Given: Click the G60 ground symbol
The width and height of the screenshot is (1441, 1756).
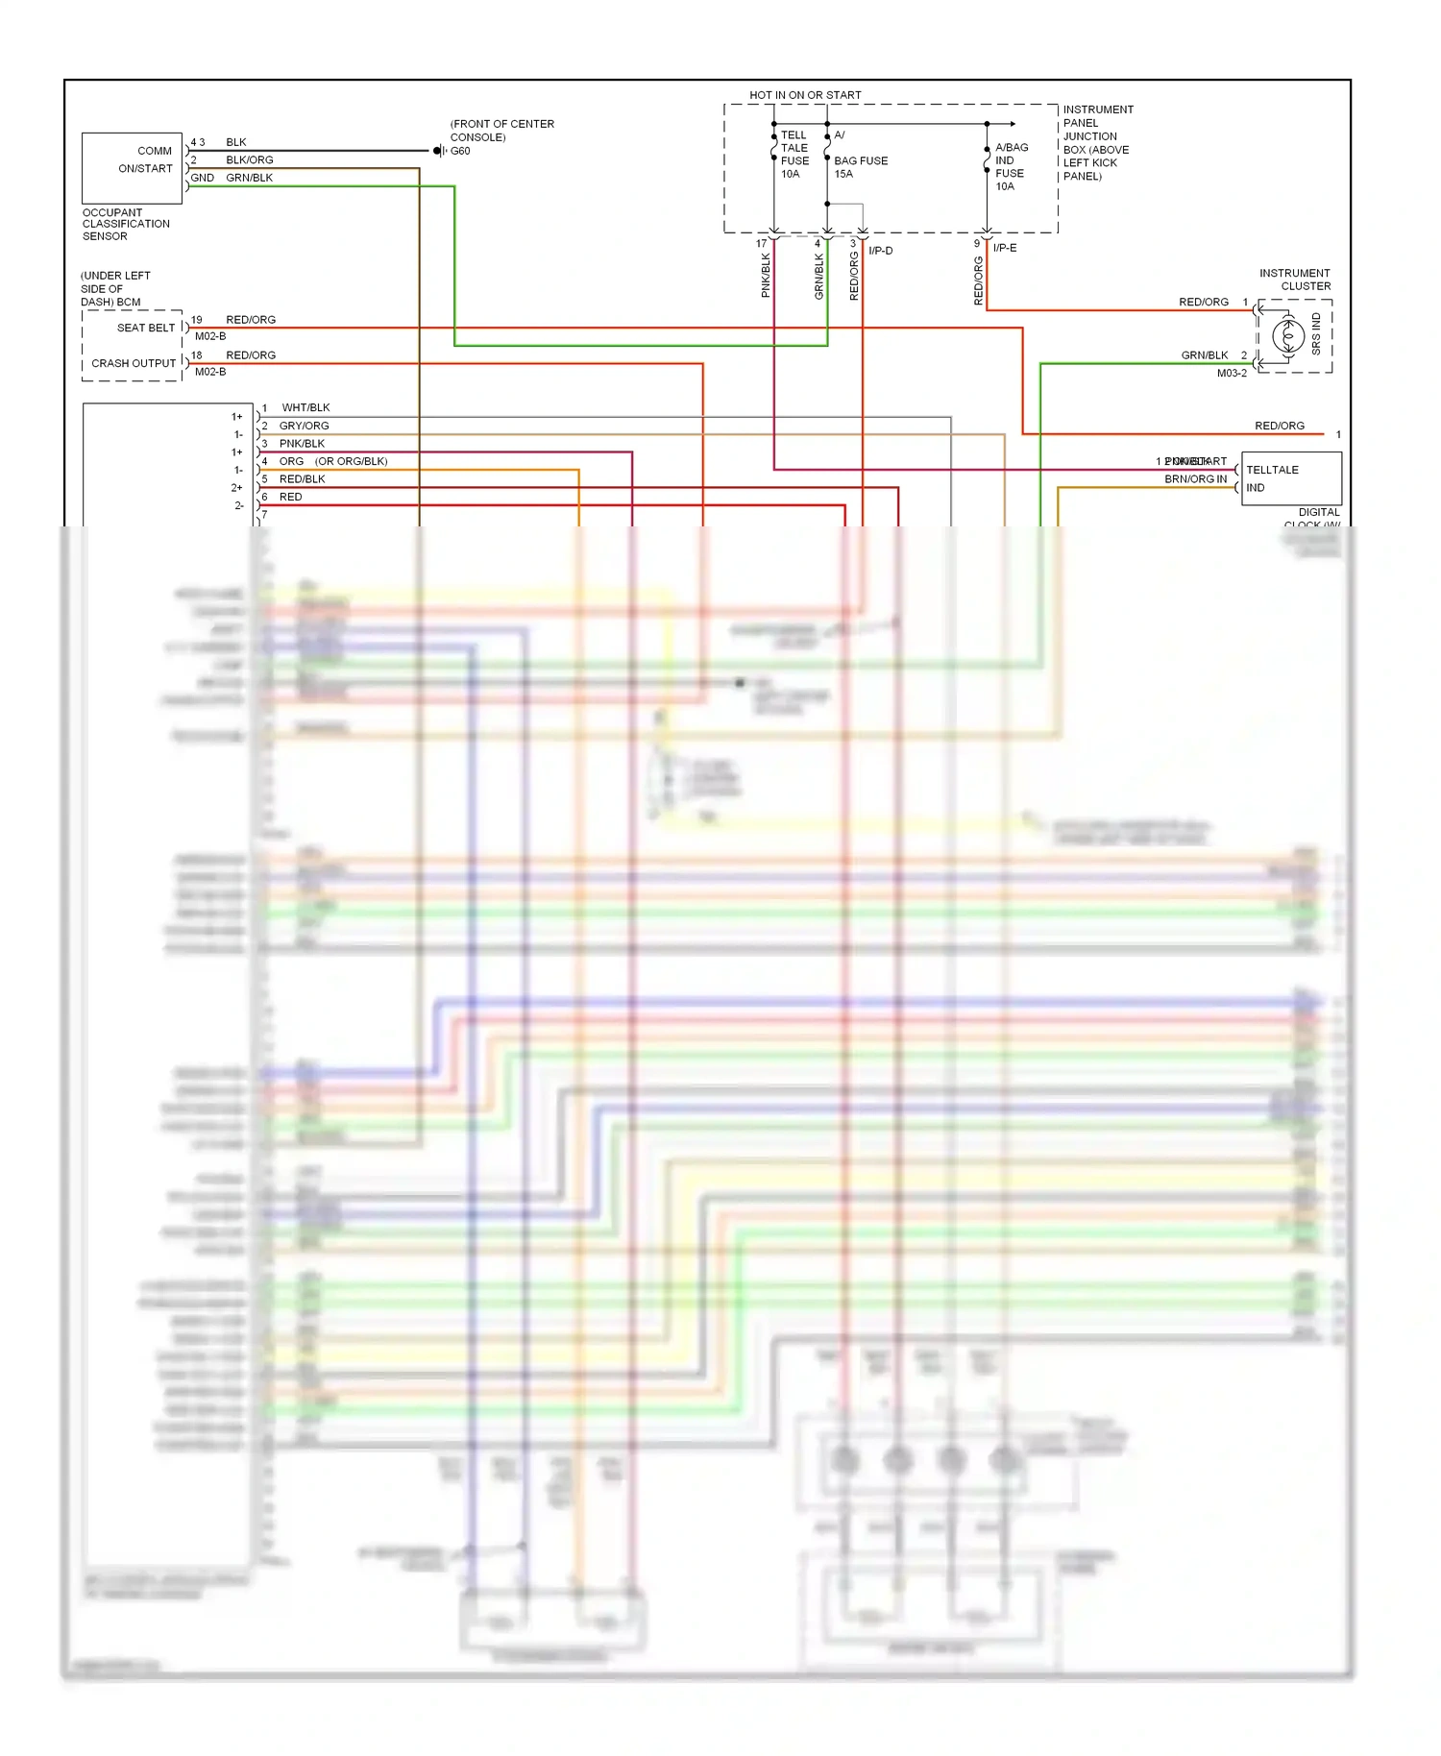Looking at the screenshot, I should point(438,151).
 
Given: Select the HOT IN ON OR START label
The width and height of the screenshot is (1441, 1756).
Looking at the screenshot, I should point(805,95).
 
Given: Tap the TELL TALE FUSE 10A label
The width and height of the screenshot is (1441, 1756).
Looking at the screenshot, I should point(794,155).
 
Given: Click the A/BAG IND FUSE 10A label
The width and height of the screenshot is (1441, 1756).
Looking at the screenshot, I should point(1011,167).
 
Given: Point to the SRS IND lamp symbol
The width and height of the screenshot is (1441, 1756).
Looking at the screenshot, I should point(1287,336).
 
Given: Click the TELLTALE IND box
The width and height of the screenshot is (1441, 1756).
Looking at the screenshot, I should point(1290,478).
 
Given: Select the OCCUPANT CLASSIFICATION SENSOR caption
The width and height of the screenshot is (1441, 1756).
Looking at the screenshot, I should point(125,225).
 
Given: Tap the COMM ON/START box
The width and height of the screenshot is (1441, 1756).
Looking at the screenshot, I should point(133,168).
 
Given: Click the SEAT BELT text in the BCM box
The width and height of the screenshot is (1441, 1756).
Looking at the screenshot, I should point(146,328).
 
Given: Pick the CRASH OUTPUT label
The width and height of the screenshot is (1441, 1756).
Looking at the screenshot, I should point(134,363).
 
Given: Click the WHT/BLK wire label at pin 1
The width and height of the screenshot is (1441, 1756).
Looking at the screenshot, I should point(305,408).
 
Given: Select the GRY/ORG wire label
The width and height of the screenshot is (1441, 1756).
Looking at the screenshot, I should point(304,426).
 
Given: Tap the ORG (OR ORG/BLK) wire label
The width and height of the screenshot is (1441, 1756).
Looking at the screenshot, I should point(333,461).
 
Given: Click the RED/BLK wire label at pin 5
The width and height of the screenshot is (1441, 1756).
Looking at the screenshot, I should point(302,479).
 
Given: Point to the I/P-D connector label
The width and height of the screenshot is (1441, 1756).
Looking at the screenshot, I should point(880,251).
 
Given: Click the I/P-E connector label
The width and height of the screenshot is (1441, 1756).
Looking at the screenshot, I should point(1005,248).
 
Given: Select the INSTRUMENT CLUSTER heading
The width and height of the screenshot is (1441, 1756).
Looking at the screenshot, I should point(1295,280).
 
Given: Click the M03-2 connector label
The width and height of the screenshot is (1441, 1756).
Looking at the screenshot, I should point(1232,373).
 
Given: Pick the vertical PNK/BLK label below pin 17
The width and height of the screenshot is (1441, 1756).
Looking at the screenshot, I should point(766,276).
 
